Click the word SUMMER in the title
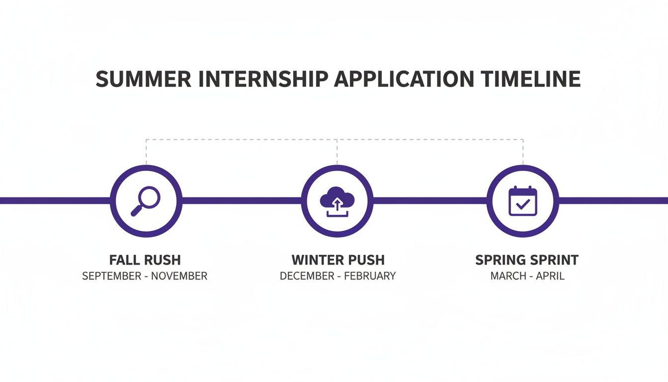tap(144, 79)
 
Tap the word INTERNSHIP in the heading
tap(263, 79)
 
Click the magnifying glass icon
tap(146, 201)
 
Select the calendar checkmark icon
tap(523, 200)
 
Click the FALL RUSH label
tap(145, 260)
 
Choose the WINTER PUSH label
tap(338, 260)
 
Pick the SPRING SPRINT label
tap(527, 260)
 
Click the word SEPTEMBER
tap(112, 276)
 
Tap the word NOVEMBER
tap(179, 276)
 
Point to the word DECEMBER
tap(307, 276)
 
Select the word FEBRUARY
tap(370, 276)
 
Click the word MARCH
tap(508, 276)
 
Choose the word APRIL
tap(550, 276)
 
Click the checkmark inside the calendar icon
tap(523, 204)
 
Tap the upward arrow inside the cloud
tap(337, 205)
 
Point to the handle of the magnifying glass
tap(137, 210)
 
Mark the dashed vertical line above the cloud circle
tap(337, 152)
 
